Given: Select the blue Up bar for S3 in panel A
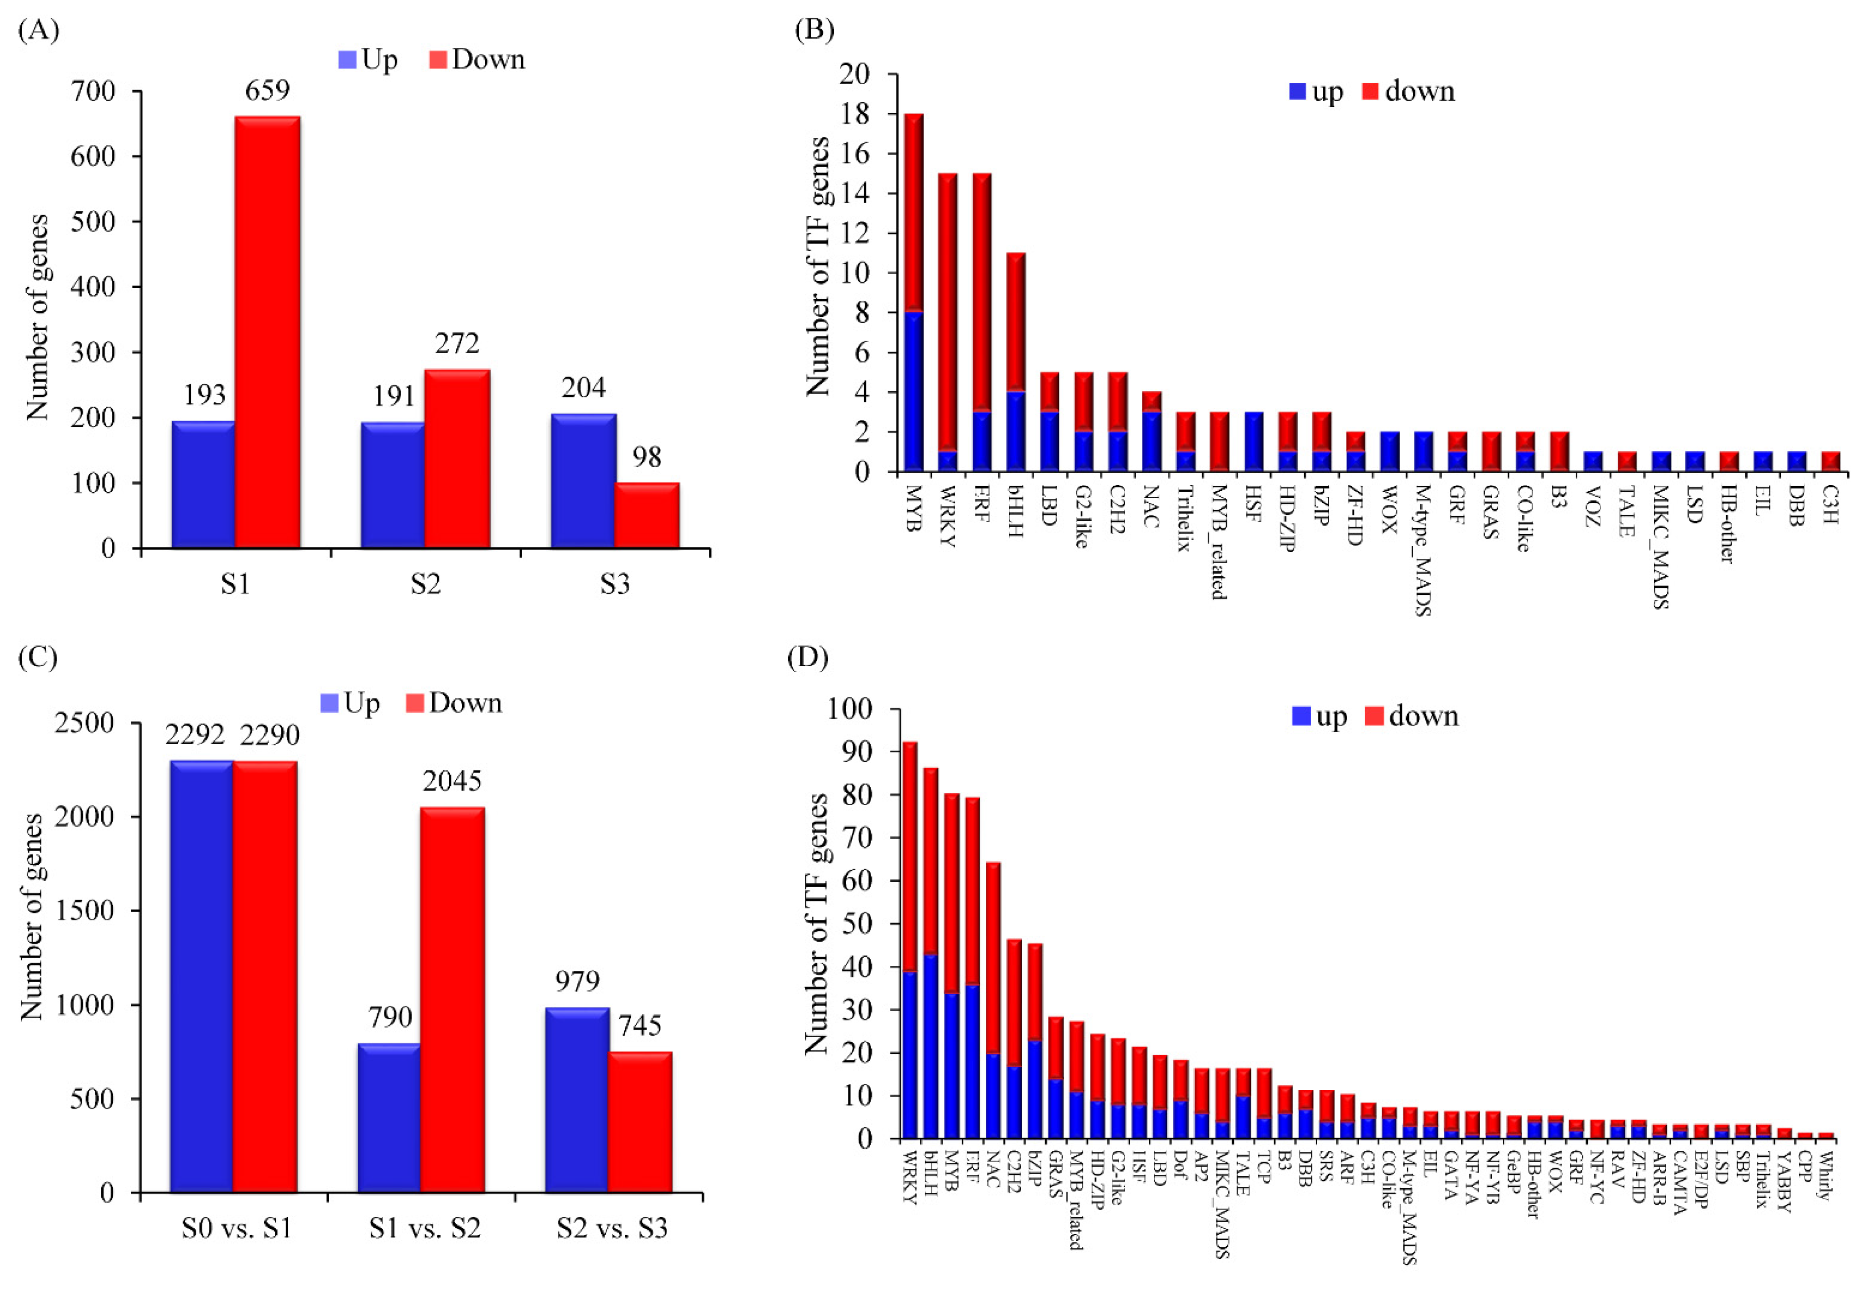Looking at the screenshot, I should point(582,481).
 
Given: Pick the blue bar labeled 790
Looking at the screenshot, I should point(389,1118).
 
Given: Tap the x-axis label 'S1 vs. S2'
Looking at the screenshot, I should point(424,1228).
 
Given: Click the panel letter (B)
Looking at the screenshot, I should point(814,30).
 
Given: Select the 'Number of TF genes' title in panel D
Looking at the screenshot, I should point(816,923).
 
